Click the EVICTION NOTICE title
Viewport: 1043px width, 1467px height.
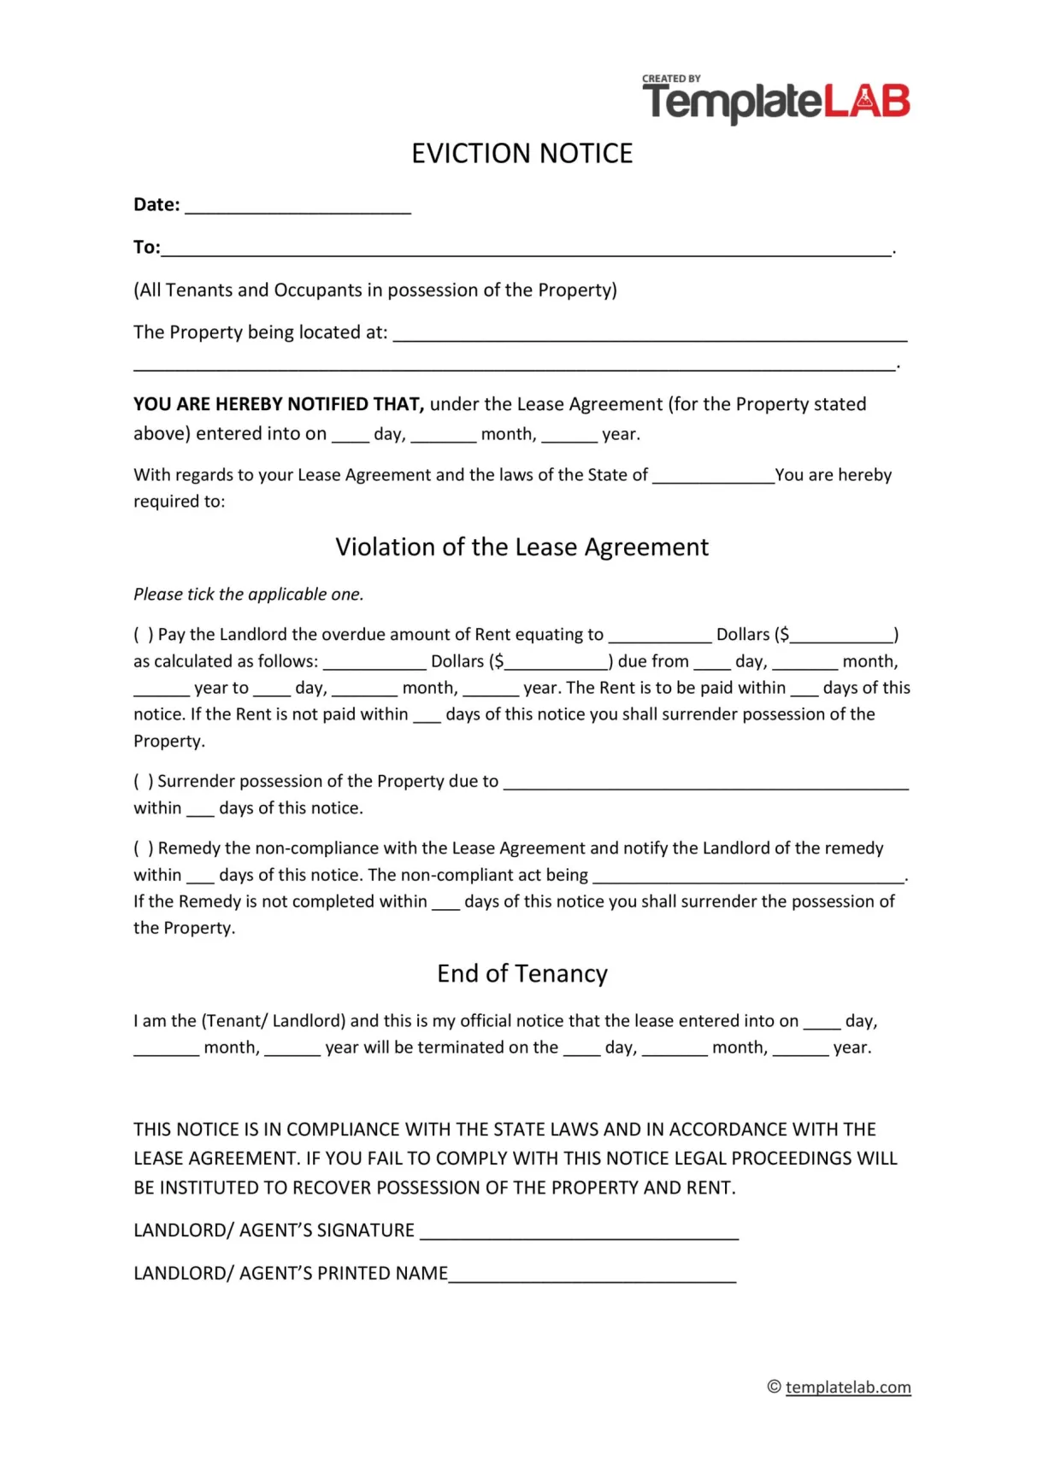pos(521,154)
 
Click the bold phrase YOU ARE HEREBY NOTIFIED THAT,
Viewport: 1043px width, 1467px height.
pos(279,404)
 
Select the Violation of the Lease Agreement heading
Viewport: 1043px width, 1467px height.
pos(521,547)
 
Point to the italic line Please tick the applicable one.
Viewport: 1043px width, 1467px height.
pos(248,595)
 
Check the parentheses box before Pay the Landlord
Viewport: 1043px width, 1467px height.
pos(143,635)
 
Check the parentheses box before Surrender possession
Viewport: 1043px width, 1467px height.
pos(143,782)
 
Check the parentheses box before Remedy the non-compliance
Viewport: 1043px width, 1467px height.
pos(143,848)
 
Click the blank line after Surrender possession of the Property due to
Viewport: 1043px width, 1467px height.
pos(705,785)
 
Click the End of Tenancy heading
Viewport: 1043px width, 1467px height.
pos(521,974)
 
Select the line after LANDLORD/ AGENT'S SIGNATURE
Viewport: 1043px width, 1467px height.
pos(579,1235)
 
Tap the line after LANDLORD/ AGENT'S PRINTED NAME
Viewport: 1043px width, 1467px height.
pos(592,1277)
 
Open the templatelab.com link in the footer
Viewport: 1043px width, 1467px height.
pos(847,1388)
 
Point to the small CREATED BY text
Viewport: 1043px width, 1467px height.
pos(671,79)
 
